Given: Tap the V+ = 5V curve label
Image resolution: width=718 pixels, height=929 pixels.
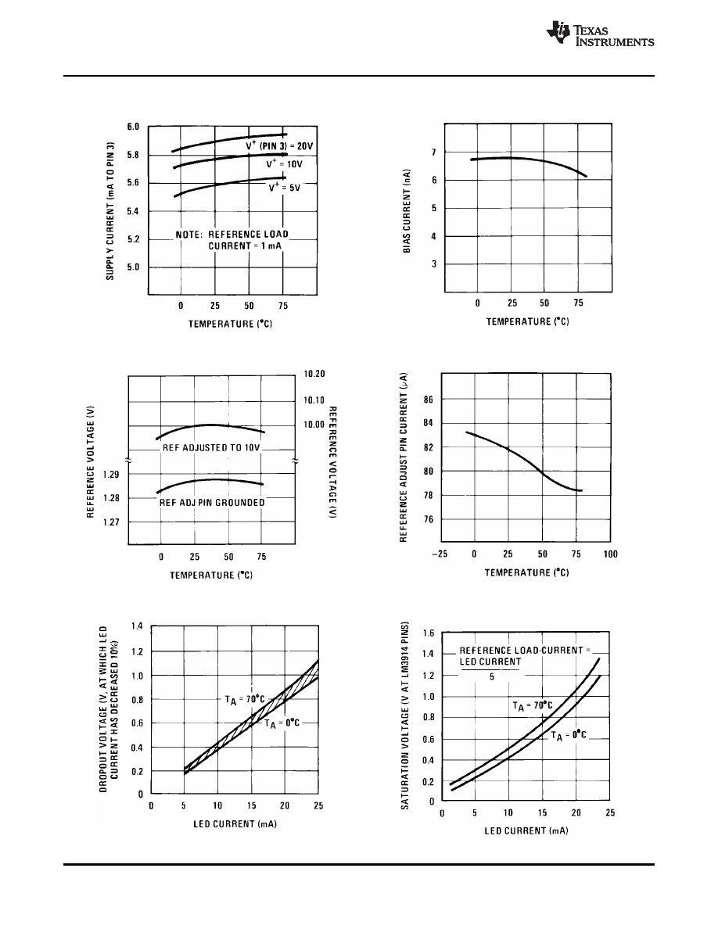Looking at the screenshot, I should pyautogui.click(x=285, y=188).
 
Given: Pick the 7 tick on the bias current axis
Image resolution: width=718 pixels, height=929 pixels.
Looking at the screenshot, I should pyautogui.click(x=433, y=152).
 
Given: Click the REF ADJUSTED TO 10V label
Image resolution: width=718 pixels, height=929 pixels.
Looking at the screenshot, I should pyautogui.click(x=211, y=448).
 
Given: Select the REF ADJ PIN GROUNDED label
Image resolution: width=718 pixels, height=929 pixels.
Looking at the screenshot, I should pyautogui.click(x=212, y=503).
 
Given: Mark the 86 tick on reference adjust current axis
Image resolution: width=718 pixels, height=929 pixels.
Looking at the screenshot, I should pyautogui.click(x=429, y=400).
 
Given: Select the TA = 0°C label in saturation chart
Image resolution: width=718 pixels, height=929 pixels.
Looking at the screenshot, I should pyautogui.click(x=569, y=735).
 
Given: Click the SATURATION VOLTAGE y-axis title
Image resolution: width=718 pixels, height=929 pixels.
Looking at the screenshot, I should pyautogui.click(x=405, y=716).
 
